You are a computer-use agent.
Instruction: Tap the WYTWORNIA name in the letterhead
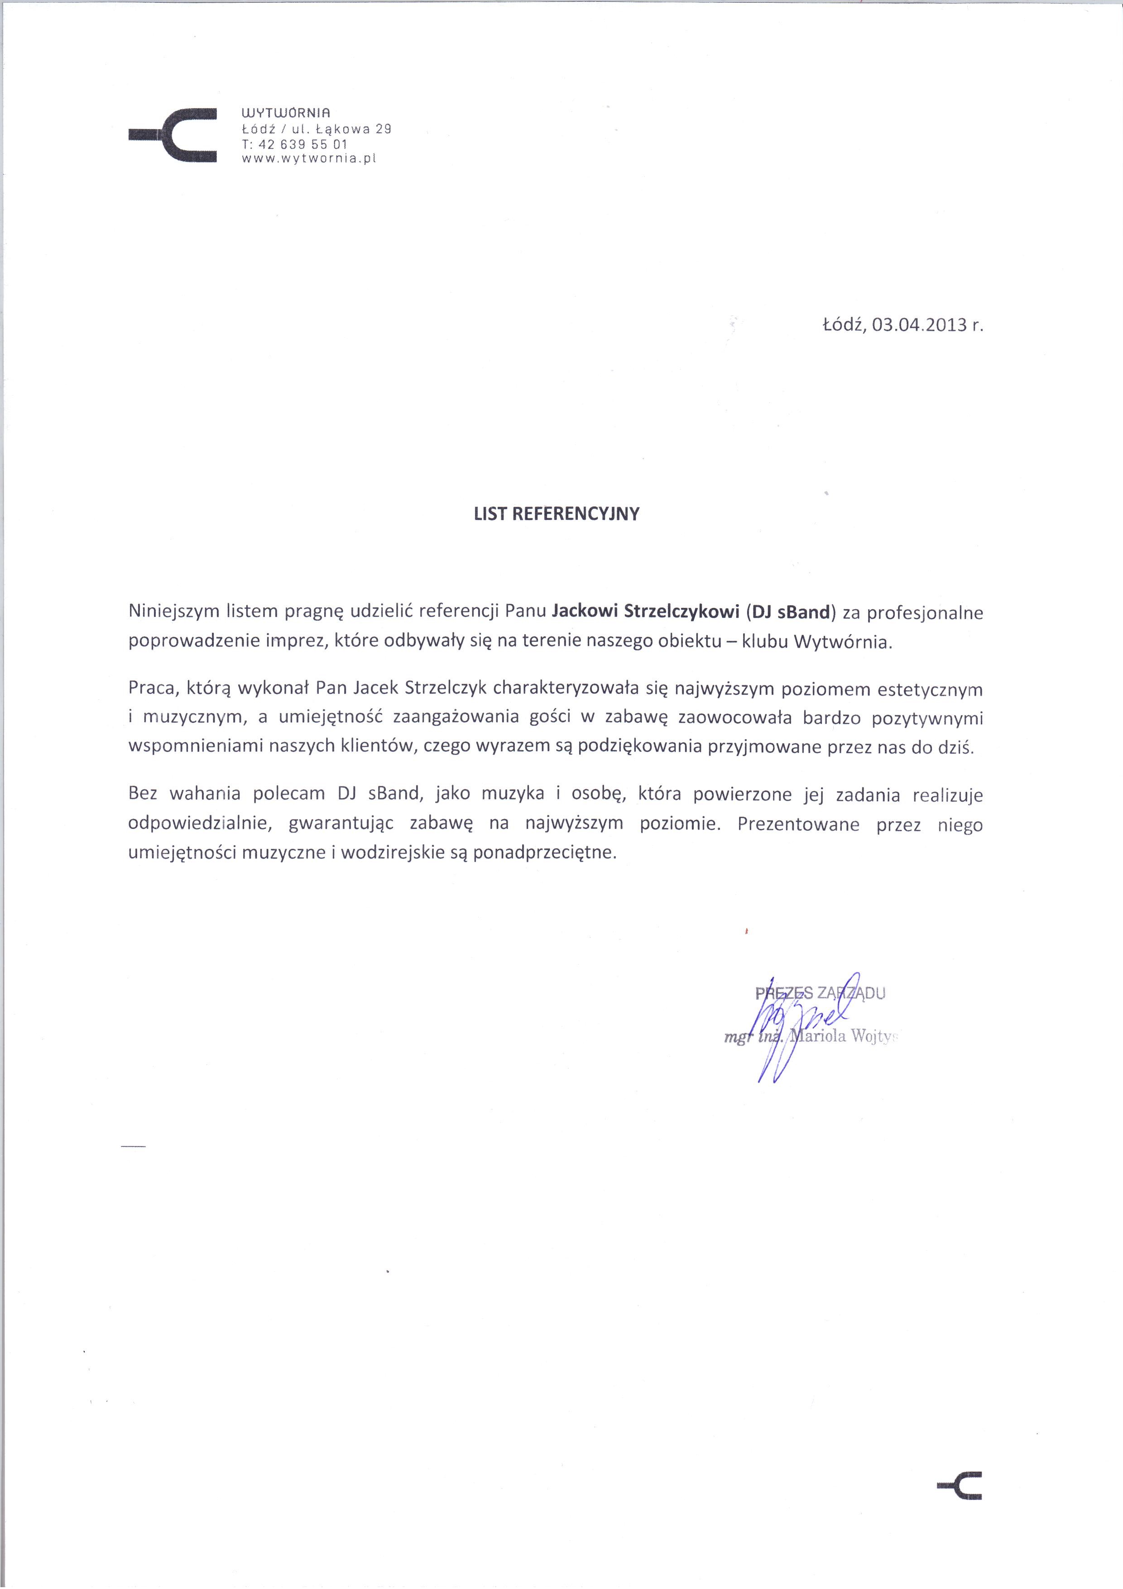tap(287, 112)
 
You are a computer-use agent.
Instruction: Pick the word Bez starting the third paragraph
tap(143, 795)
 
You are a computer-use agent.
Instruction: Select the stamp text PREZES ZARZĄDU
tap(820, 994)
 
